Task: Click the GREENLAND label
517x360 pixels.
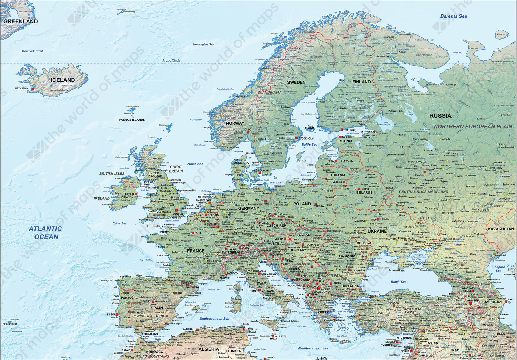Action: tap(20, 21)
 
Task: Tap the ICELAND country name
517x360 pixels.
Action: tap(63, 80)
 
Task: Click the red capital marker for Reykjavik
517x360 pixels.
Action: tap(33, 89)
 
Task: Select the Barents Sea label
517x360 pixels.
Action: tap(454, 16)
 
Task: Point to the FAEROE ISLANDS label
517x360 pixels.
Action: tap(132, 120)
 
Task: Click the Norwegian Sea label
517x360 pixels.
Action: tap(203, 44)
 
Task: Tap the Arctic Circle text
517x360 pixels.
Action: tap(171, 60)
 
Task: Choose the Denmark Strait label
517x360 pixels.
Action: tap(32, 51)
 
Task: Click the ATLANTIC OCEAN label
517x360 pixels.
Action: tap(45, 233)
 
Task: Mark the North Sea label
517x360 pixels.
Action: tap(195, 164)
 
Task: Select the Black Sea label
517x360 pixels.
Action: tap(398, 282)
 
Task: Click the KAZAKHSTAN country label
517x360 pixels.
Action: tap(501, 229)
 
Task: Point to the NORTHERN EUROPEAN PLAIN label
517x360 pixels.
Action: tap(473, 127)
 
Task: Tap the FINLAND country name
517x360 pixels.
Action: tap(362, 82)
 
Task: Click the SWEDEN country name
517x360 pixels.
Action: tap(296, 82)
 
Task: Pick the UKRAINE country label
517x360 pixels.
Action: tap(377, 231)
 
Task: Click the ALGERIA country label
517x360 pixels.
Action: tap(209, 349)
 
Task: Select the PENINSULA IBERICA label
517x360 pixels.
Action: tap(150, 316)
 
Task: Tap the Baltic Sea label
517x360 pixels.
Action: tap(310, 145)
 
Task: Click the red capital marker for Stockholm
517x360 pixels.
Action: tap(296, 138)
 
